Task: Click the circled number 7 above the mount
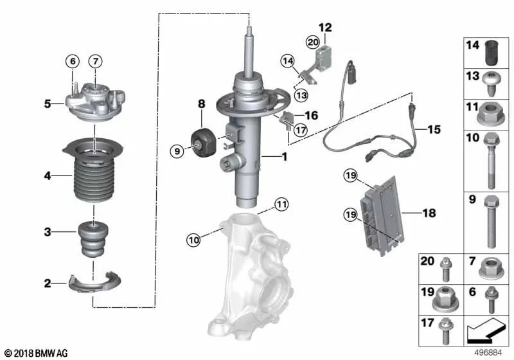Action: pyautogui.click(x=94, y=62)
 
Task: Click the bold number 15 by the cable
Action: pyautogui.click(x=434, y=130)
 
